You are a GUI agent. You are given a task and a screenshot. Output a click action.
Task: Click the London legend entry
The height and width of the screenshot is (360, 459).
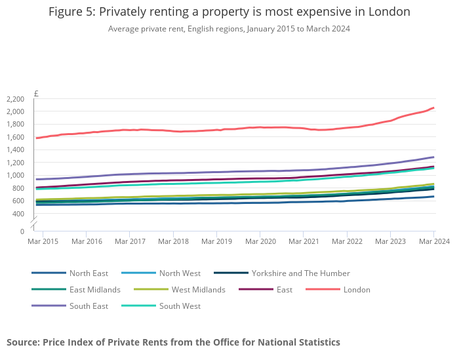(x=357, y=290)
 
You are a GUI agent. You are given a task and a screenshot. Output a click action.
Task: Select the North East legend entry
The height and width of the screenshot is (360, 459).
(x=89, y=273)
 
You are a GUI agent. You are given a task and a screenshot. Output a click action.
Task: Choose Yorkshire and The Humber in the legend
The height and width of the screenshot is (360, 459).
(x=301, y=273)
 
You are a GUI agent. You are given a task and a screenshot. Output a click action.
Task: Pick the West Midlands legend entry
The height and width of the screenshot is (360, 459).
(x=198, y=290)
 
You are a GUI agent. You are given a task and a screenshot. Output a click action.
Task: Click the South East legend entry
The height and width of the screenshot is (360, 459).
(x=89, y=306)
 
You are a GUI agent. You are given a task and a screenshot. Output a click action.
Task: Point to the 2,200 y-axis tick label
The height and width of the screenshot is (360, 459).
(x=14, y=99)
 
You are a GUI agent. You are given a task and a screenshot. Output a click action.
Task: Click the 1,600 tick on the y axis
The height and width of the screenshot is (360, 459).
(x=14, y=137)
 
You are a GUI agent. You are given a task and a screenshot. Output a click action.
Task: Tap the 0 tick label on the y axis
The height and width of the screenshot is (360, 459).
(x=22, y=231)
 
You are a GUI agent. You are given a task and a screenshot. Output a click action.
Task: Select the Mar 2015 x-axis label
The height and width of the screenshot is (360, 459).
(x=43, y=242)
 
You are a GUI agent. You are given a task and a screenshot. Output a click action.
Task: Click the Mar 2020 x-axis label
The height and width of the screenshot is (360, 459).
(x=260, y=242)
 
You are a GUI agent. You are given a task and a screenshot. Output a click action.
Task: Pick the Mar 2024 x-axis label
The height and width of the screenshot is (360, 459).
(x=434, y=242)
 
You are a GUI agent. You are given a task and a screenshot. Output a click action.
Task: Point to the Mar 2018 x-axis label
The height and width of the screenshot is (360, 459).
(x=173, y=242)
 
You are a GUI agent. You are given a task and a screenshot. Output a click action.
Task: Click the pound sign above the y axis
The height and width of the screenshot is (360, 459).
(x=36, y=94)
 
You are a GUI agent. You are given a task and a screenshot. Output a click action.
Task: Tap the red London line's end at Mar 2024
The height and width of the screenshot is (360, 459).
(x=433, y=108)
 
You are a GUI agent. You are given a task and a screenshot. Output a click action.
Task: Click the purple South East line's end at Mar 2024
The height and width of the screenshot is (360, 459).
(x=433, y=157)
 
